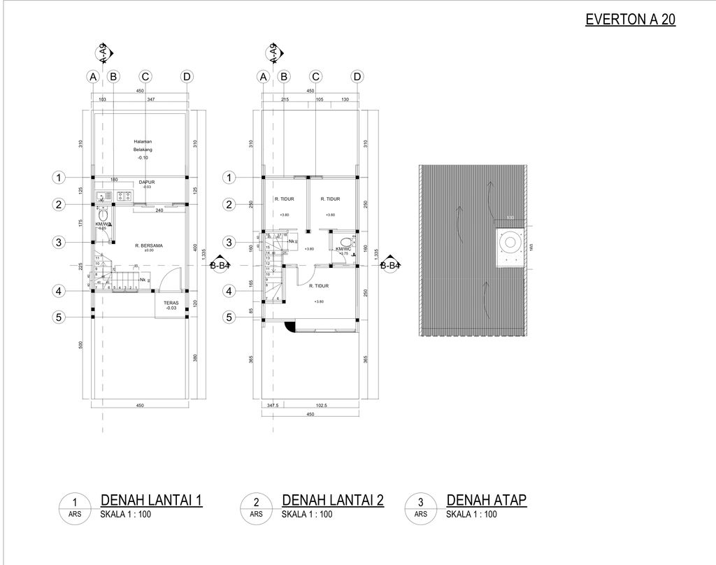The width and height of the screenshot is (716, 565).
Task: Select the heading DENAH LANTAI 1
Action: (152, 500)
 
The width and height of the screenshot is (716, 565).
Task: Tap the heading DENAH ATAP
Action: (486, 500)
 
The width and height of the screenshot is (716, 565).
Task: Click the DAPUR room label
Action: (146, 184)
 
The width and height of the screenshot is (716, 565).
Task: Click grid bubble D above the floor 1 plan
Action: (187, 76)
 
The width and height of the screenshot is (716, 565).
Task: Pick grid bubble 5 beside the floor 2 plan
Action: (229, 318)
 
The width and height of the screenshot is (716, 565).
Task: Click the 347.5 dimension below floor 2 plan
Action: (273, 405)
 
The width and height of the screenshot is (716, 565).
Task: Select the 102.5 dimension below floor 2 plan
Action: (322, 405)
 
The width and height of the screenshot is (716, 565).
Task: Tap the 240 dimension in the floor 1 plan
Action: (159, 210)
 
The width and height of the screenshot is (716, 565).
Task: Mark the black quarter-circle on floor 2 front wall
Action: (289, 325)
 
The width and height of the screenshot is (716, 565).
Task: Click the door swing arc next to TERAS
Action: (164, 282)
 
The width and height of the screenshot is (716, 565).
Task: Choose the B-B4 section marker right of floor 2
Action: (390, 265)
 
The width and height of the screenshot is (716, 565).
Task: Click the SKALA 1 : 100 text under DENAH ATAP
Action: (471, 515)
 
